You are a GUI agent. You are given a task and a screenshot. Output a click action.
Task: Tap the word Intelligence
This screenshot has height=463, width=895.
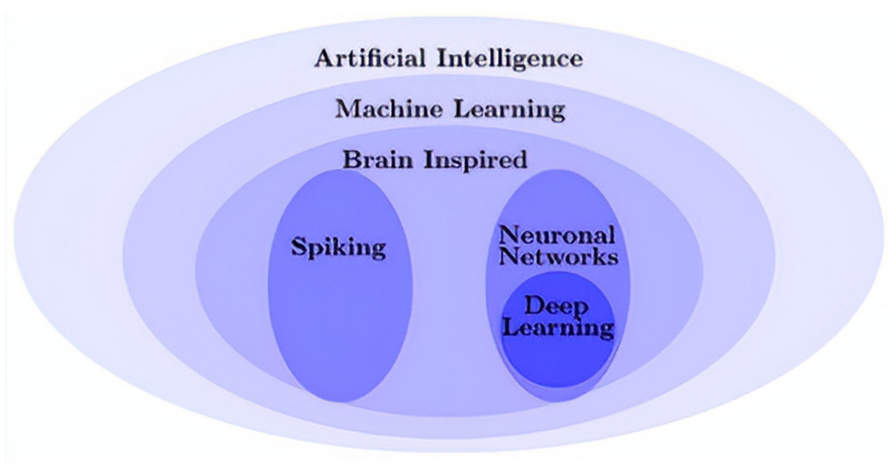(x=510, y=59)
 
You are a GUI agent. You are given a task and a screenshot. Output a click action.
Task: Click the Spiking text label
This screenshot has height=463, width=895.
(x=338, y=248)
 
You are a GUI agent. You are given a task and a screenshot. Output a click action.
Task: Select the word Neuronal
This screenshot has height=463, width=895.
(x=557, y=235)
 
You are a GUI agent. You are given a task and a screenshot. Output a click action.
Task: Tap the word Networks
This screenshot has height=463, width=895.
(x=558, y=257)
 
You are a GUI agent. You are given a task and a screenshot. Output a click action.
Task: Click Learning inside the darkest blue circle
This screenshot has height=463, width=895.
(x=558, y=328)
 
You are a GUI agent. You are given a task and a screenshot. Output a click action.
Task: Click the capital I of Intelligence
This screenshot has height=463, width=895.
(x=442, y=58)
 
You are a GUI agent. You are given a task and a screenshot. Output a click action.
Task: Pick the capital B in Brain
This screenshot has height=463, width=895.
(x=352, y=160)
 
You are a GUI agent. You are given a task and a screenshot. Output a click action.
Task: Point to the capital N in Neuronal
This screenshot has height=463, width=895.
(x=509, y=235)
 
